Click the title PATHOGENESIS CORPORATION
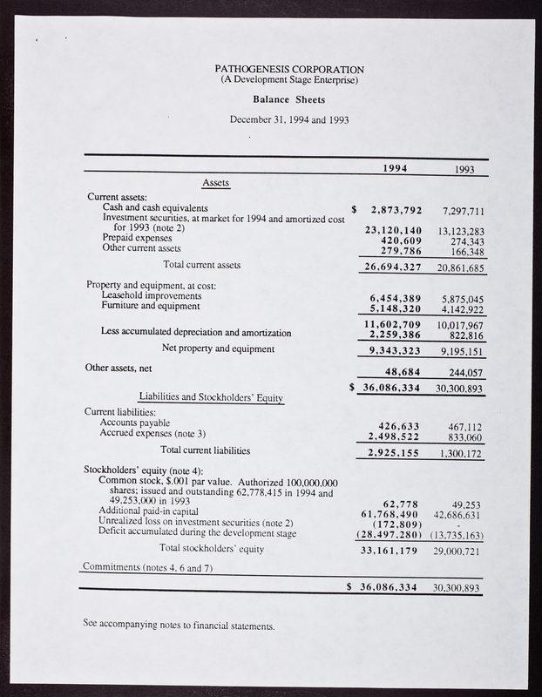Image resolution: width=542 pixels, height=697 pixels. pos(289,69)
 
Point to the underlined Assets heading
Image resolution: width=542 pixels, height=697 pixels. pos(216,183)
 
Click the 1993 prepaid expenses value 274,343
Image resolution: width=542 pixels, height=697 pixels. pos(464,240)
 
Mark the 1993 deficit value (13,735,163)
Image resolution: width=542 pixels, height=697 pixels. pos(456,534)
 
